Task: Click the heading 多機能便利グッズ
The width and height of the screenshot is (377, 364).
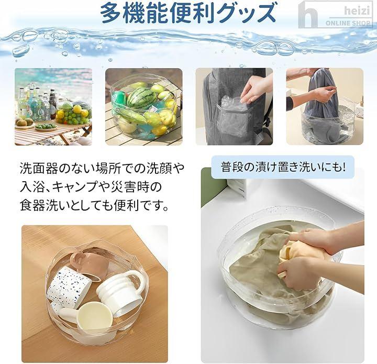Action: [x=187, y=13]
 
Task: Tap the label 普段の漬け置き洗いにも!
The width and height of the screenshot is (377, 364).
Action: [x=283, y=167]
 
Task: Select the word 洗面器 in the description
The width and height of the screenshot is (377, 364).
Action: [x=38, y=168]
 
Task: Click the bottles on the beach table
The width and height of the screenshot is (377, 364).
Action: [x=36, y=102]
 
